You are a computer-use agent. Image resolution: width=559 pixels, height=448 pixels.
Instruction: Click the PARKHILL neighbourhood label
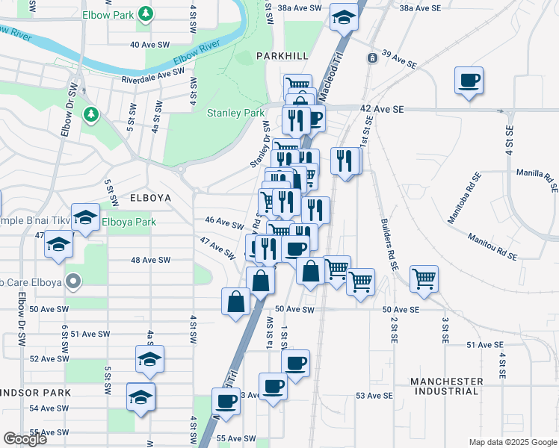coord(281,56)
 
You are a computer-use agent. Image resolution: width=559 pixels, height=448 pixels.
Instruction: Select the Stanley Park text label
coord(235,113)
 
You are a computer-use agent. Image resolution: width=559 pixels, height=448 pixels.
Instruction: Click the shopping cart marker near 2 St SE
coord(424,279)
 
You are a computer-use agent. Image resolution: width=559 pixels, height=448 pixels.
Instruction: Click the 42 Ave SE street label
coord(381,109)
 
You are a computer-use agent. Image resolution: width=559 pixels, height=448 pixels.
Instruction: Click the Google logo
coord(25,439)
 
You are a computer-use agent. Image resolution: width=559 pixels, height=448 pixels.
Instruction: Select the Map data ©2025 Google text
coord(512,442)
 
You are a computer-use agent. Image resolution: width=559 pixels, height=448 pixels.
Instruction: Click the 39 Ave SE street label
coord(398,59)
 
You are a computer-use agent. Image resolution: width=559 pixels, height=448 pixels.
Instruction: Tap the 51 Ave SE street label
coord(485,344)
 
